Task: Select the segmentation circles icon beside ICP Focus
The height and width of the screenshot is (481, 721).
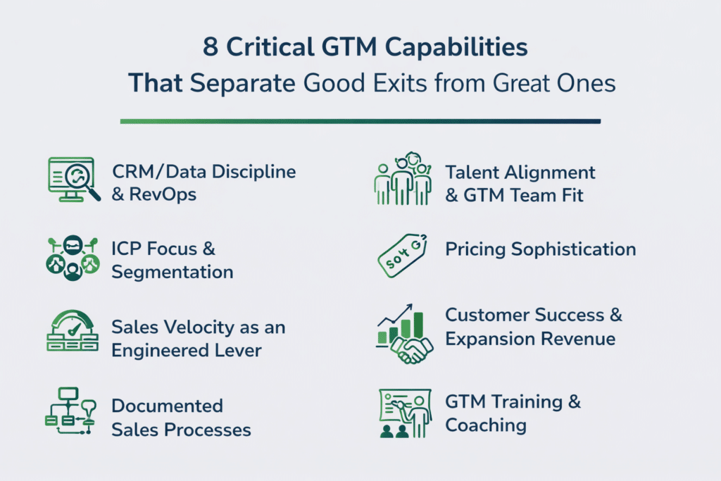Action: point(72,258)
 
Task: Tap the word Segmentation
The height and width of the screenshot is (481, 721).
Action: point(173,271)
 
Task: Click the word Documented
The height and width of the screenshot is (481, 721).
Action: point(167,406)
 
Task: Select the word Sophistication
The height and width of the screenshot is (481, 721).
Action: point(570,249)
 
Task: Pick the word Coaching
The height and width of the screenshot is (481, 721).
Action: point(486,425)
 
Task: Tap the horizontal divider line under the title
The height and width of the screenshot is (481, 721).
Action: point(360,121)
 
